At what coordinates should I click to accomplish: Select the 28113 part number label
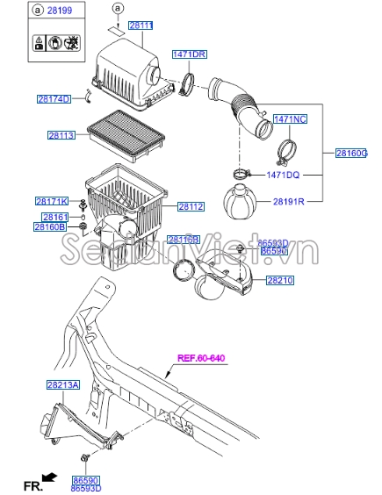[x=63, y=135]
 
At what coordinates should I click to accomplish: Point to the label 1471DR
[x=189, y=54]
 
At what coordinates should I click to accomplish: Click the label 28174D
[x=53, y=99]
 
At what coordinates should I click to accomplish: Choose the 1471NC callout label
[x=289, y=118]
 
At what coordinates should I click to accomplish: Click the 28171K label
[x=52, y=201]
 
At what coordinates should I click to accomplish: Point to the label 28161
[x=54, y=216]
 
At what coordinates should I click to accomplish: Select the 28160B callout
[x=50, y=227]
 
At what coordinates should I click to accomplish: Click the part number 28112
[x=191, y=206]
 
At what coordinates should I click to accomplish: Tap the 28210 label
[x=280, y=280]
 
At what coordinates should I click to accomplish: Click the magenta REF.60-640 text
[x=201, y=357]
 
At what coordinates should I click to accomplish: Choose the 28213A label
[x=62, y=384]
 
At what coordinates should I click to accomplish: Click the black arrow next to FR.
[x=49, y=477]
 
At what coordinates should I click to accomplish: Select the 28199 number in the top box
[x=57, y=11]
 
